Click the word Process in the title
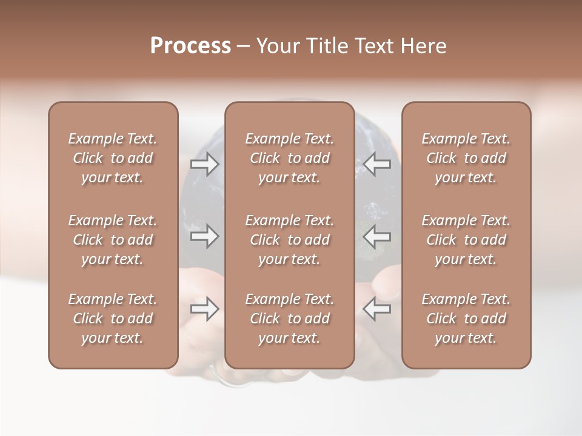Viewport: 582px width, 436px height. (x=190, y=46)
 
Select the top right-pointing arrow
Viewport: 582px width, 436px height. (x=205, y=164)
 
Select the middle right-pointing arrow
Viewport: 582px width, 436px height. (x=205, y=237)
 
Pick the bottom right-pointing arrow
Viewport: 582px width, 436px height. (x=205, y=309)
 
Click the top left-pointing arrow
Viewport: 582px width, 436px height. (x=377, y=164)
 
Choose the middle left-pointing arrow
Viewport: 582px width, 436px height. (x=377, y=237)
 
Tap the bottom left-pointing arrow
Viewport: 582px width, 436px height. (x=377, y=309)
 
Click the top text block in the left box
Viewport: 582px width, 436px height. (x=113, y=158)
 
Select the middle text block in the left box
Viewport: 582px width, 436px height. (x=113, y=240)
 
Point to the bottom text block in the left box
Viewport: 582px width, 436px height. (x=113, y=319)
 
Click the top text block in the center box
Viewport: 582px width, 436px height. (x=290, y=158)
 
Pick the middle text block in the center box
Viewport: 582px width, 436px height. (x=290, y=240)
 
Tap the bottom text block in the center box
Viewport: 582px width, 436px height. (x=290, y=319)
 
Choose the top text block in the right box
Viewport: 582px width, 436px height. (x=466, y=158)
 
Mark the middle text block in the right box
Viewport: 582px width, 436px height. (x=466, y=240)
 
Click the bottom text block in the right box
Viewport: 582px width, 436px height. (x=466, y=319)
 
